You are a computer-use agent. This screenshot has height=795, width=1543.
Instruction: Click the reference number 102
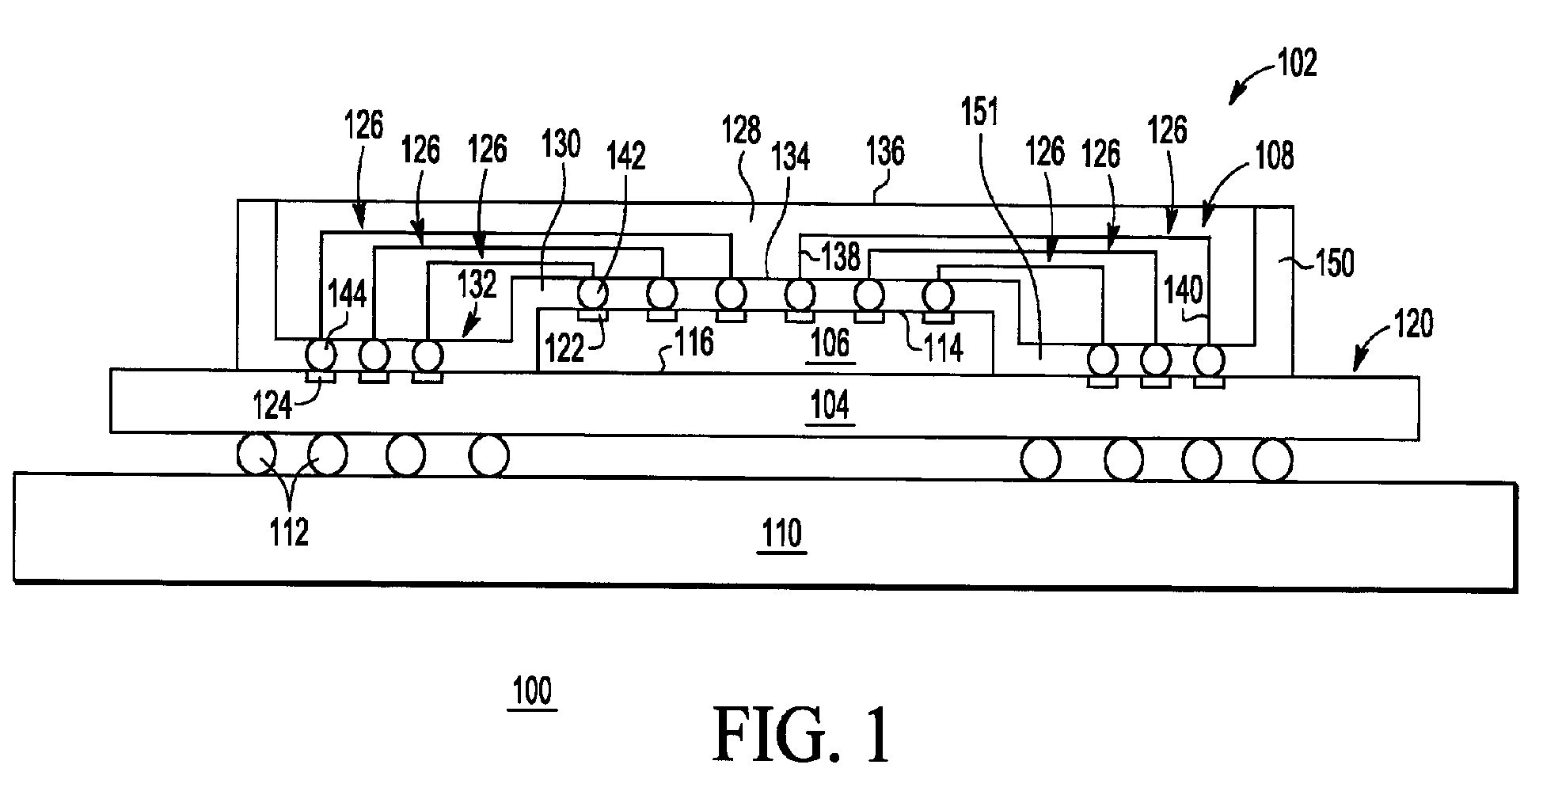click(x=1297, y=63)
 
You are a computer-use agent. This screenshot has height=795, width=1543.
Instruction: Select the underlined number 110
click(x=781, y=535)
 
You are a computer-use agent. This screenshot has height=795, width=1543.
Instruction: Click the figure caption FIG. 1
click(x=803, y=735)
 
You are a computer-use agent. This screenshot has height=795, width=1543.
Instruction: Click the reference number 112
click(x=288, y=533)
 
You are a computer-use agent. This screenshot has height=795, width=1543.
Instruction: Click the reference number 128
click(x=741, y=131)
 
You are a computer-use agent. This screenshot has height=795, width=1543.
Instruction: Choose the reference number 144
click(x=347, y=295)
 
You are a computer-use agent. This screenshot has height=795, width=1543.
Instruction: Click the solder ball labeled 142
click(x=593, y=295)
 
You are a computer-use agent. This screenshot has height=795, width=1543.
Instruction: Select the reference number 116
click(x=693, y=342)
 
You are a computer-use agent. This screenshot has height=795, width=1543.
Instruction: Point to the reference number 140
click(x=1184, y=290)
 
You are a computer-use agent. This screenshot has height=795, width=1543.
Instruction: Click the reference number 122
click(x=564, y=348)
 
